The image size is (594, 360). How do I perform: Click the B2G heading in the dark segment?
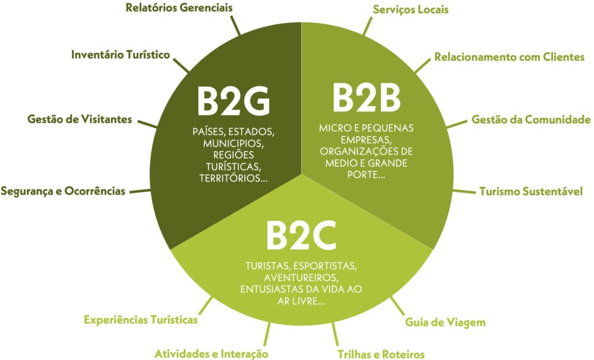[x=233, y=101]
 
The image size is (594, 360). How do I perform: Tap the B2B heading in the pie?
[x=367, y=97]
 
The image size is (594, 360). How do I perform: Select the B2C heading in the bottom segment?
[x=302, y=235]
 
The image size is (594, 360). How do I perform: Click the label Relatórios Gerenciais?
[x=179, y=8]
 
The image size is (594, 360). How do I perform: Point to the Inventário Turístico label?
[x=121, y=54]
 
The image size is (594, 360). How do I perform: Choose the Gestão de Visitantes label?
[x=80, y=119]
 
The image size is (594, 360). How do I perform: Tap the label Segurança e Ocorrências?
[x=63, y=191]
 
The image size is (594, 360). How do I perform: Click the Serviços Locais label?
[x=411, y=9]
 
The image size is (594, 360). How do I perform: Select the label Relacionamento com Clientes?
[x=509, y=57]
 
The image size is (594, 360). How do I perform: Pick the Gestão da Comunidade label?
[x=531, y=119]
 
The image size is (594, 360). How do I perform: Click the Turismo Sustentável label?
[x=531, y=191]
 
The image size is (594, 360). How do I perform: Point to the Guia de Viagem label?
[x=445, y=322]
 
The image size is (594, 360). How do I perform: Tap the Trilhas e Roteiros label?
[x=381, y=354]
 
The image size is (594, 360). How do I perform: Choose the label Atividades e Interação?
[x=211, y=354]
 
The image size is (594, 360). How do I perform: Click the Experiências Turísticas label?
[x=140, y=320]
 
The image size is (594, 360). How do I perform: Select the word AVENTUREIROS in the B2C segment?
[x=301, y=278]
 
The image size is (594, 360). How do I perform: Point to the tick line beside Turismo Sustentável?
[x=464, y=191]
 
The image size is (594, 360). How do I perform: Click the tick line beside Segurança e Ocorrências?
[x=140, y=191]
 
